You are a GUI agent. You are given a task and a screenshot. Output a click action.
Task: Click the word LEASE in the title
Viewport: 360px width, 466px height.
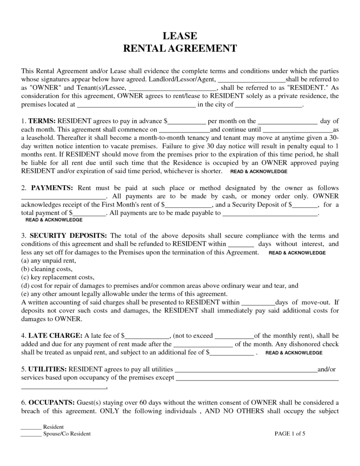coord(180,36)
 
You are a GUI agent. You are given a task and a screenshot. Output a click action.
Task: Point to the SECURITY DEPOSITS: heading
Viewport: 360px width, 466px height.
coord(69,236)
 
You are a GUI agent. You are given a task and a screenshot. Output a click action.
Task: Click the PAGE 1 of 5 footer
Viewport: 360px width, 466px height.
coord(290,434)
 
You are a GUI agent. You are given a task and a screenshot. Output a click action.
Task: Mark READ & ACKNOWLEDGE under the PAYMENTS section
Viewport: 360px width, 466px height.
coord(54,219)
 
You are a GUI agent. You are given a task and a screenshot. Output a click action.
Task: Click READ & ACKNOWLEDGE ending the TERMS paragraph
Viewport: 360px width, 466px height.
coord(259,172)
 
